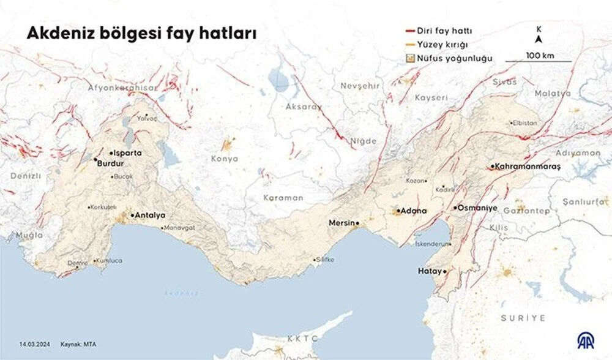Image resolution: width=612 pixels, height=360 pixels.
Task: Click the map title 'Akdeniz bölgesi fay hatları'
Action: coord(141,34)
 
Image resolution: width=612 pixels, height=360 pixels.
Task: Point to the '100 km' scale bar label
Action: coord(539,56)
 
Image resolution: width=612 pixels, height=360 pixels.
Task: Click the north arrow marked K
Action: coord(539,36)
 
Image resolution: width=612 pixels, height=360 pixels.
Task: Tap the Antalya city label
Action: coord(149,215)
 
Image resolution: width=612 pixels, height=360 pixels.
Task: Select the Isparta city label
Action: coord(127,152)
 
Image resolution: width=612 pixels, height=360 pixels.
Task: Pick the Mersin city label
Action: coord(341,223)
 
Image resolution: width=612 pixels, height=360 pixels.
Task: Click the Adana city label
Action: coord(414,211)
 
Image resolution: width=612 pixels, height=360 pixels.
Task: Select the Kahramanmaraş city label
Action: coord(522,167)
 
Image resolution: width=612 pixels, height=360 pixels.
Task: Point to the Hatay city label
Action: coord(429,271)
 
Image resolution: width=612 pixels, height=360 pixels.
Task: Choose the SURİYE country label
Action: coord(523,318)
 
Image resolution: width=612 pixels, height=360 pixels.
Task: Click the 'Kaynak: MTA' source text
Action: coord(77,344)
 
